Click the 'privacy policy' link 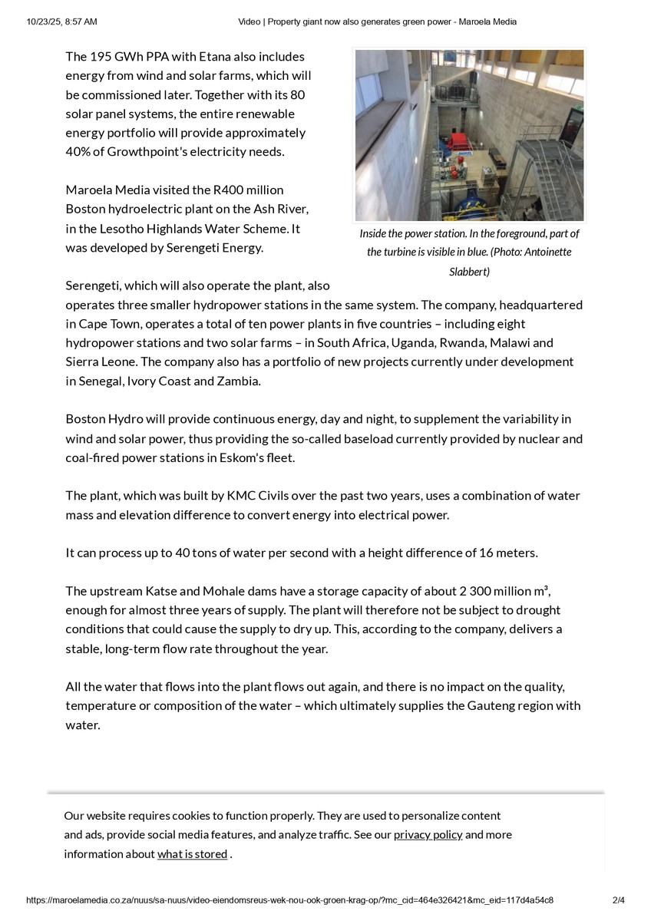click(428, 835)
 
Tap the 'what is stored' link click(192, 854)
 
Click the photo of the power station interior click(469, 135)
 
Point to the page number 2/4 click(618, 900)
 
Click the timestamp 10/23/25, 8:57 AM click(61, 22)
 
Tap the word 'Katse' click(160, 591)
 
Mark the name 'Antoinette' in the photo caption click(544, 252)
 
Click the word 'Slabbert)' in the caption click(469, 271)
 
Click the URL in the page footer click(289, 900)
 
